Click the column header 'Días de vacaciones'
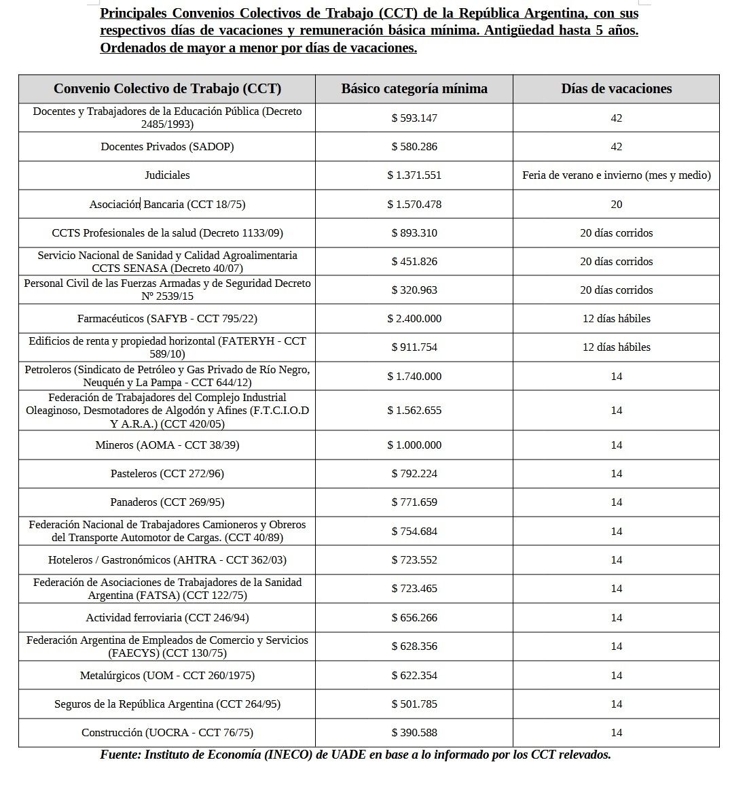point(616,88)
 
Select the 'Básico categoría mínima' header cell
point(414,88)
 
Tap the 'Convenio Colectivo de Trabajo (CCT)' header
point(167,88)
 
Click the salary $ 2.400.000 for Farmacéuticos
point(414,318)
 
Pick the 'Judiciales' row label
point(167,175)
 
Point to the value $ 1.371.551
point(414,175)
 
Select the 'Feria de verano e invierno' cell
point(616,175)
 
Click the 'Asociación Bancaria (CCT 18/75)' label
point(167,204)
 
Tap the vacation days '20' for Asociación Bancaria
point(616,204)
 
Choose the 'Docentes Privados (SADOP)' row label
point(167,146)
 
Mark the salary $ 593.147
point(414,118)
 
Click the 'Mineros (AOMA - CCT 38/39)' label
point(167,445)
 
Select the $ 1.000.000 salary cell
point(414,445)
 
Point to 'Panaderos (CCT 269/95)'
point(167,502)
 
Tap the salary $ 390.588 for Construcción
point(414,732)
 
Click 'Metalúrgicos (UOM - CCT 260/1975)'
point(167,675)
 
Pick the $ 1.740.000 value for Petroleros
point(414,376)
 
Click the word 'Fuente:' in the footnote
point(120,755)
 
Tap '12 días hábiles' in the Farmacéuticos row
point(616,318)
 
